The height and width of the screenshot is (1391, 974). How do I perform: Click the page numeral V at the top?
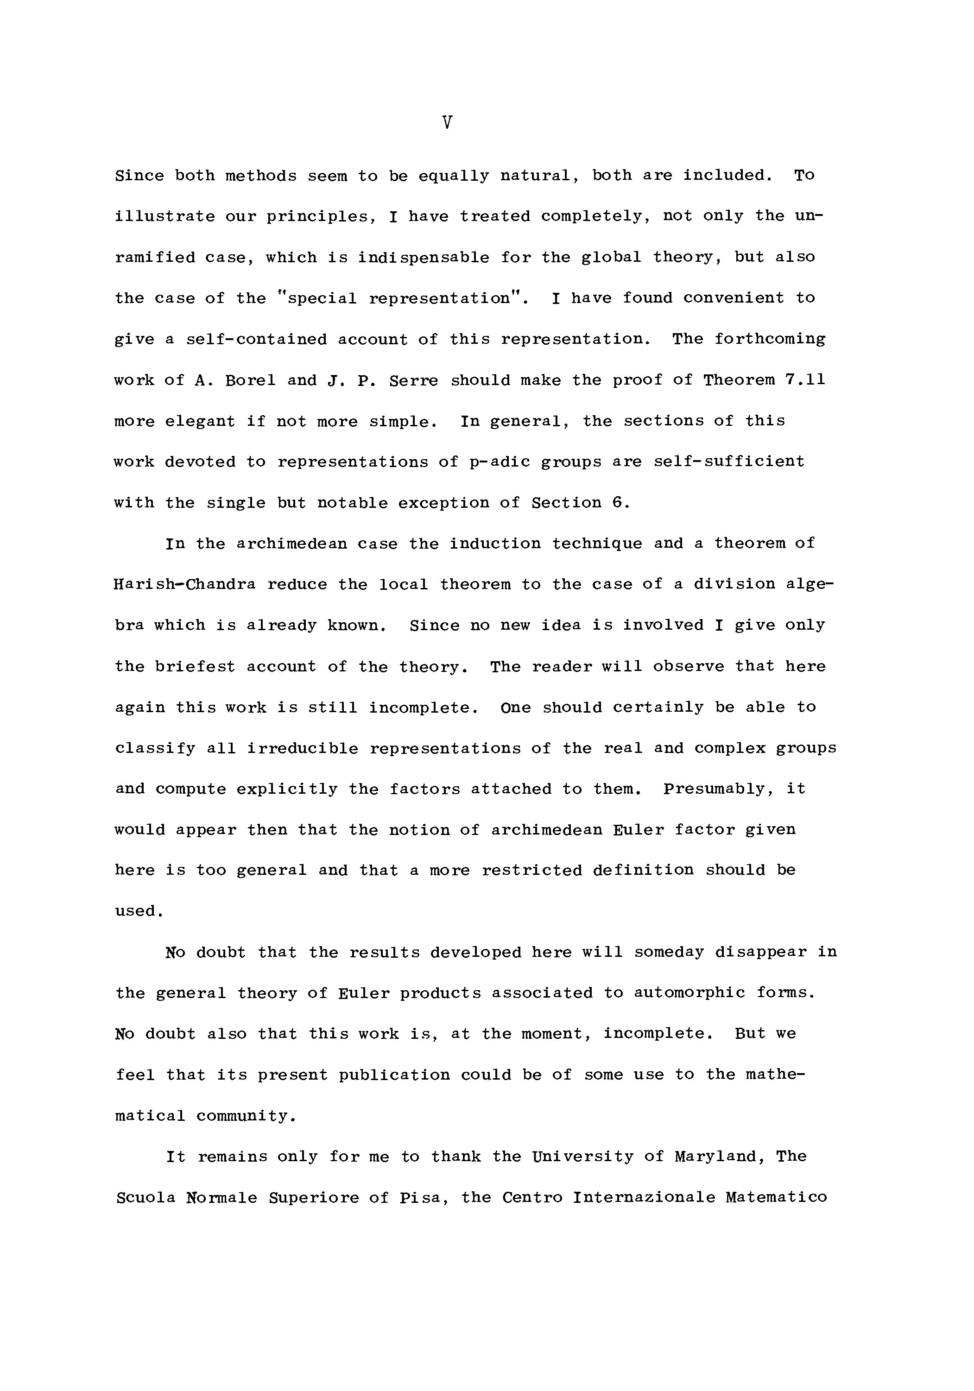[447, 123]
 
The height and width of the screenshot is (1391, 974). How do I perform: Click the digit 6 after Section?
[617, 503]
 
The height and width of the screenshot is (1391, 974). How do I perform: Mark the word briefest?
[195, 666]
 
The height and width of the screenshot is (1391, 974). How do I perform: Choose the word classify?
[155, 749]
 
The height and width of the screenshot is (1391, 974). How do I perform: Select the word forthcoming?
[769, 339]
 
